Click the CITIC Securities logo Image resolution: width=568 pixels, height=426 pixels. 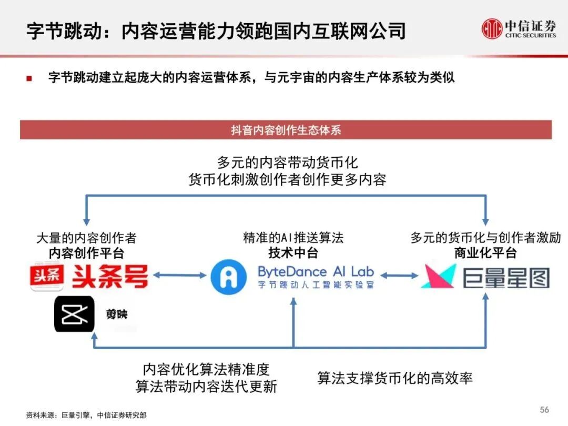click(x=519, y=28)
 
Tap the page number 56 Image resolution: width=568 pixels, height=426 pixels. click(x=544, y=409)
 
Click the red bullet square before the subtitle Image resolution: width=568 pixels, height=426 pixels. click(x=29, y=78)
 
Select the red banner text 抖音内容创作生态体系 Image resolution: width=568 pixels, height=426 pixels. click(x=286, y=130)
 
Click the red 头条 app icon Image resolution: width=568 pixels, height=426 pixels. click(x=47, y=276)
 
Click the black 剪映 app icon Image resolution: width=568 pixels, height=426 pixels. click(x=74, y=314)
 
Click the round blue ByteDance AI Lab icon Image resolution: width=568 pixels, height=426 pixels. click(x=228, y=276)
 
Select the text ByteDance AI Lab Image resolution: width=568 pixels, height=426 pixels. click(x=315, y=271)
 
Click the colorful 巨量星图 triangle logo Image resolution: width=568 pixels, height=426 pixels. click(x=439, y=276)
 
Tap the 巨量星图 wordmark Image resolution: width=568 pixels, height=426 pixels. click(x=506, y=277)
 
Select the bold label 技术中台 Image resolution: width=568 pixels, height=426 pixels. click(x=293, y=253)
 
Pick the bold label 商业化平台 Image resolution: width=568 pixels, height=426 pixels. click(x=485, y=253)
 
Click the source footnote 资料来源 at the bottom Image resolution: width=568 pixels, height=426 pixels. click(x=86, y=415)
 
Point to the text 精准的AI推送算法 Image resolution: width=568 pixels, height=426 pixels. click(x=293, y=238)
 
